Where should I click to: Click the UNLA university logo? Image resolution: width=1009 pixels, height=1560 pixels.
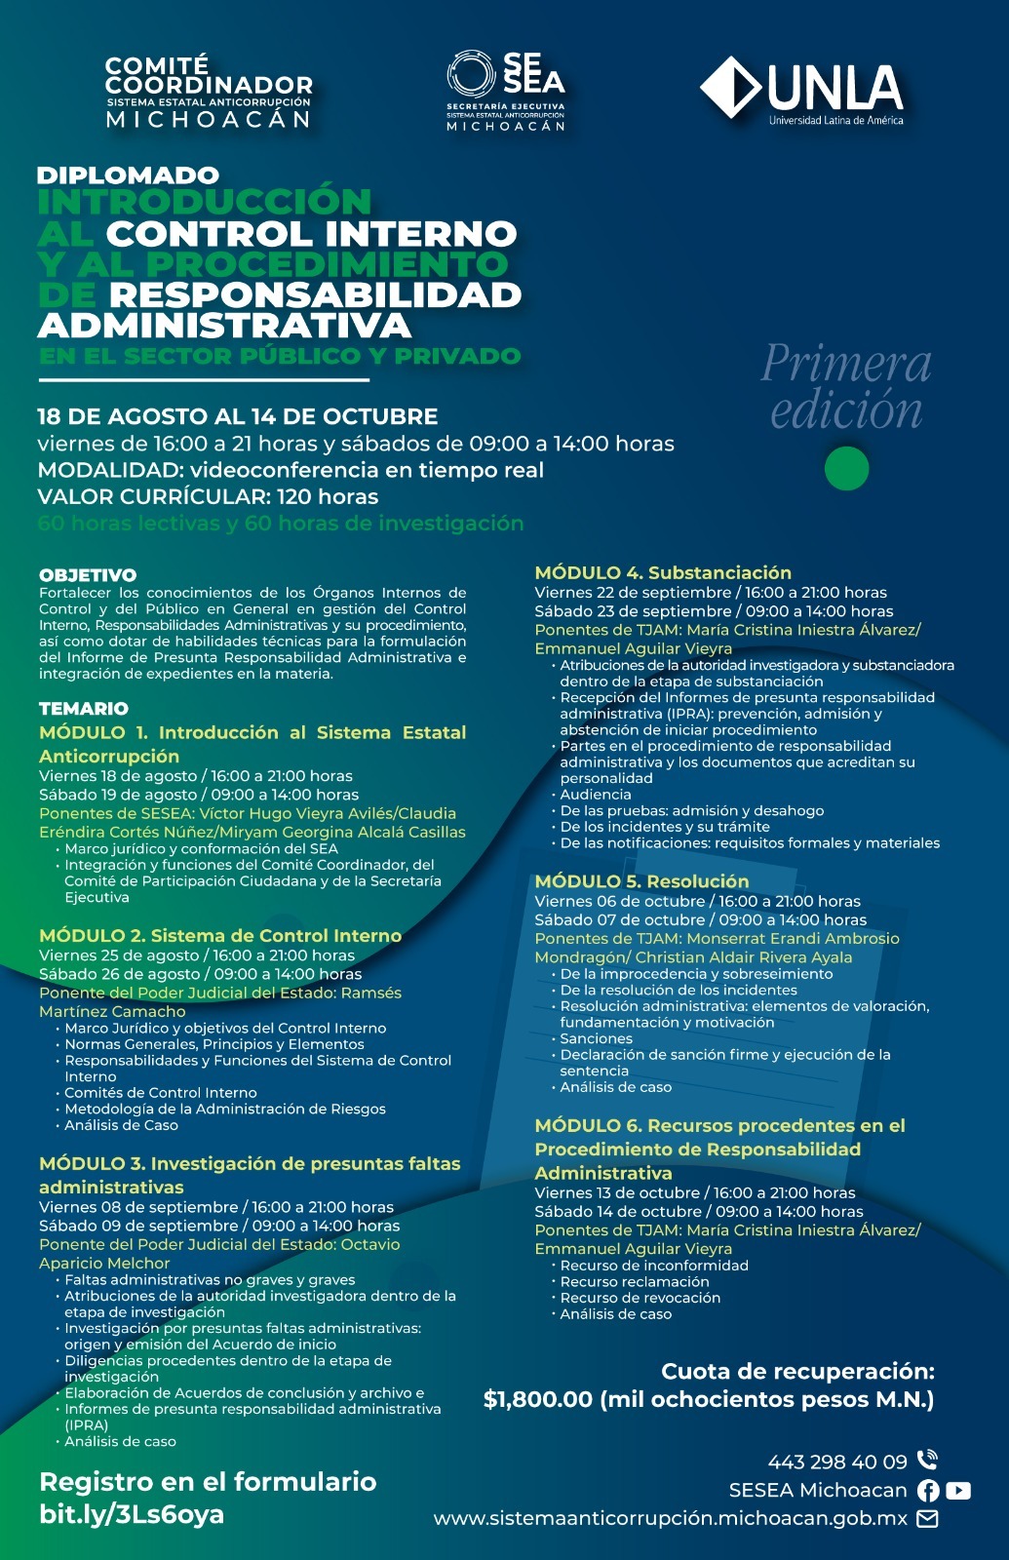coord(801,91)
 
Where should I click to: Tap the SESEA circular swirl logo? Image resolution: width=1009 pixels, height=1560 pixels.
coord(471,74)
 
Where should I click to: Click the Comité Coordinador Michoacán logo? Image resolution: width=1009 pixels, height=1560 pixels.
coord(209,93)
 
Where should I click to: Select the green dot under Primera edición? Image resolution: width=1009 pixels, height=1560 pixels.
coord(845,469)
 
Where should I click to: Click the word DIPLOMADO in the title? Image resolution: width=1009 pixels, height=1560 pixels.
coord(128,175)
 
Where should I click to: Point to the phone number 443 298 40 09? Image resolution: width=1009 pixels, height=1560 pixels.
coord(837,1462)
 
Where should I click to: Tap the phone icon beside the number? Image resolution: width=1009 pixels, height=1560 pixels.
coord(927,1460)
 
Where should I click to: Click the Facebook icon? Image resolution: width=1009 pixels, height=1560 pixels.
coord(928,1490)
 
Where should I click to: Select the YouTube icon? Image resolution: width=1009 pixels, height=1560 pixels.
coord(958,1490)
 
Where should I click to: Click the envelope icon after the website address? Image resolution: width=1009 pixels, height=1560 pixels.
coord(927,1518)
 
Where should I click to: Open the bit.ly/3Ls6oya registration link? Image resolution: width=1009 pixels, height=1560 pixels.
coord(132,1514)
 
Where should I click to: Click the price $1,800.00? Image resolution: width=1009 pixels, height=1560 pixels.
coord(538,1399)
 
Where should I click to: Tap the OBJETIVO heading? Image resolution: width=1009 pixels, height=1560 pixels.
coord(88,575)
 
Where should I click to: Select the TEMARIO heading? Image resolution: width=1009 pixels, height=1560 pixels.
coord(84,709)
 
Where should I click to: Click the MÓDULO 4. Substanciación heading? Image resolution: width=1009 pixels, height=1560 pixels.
coord(663,572)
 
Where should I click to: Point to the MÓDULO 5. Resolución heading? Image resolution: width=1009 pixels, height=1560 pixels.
coord(641,881)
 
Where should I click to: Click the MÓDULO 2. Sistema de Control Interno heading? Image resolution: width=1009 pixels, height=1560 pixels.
coord(220,936)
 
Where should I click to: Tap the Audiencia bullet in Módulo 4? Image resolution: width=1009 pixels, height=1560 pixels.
coord(595,795)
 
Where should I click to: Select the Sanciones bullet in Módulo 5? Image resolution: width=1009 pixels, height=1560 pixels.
coord(596,1038)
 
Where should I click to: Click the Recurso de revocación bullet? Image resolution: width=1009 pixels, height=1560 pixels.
coord(640,1298)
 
